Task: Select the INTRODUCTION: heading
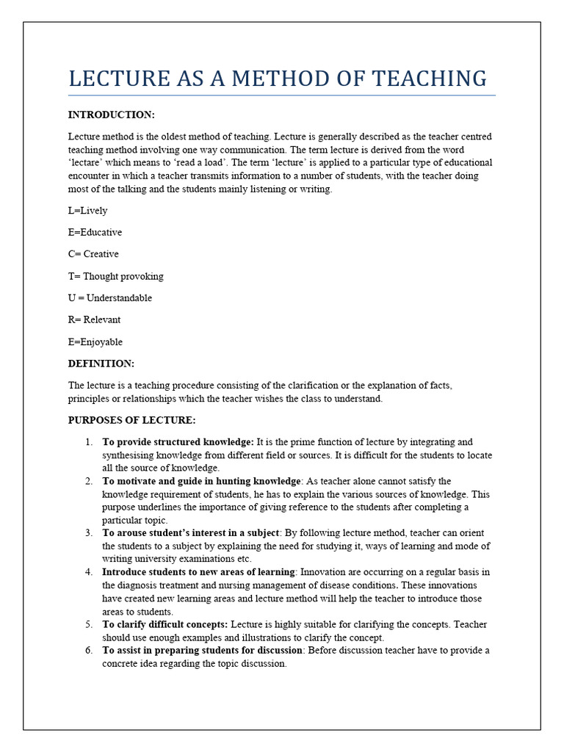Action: pyautogui.click(x=111, y=115)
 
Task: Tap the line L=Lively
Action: pyautogui.click(x=87, y=211)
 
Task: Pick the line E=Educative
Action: pyautogui.click(x=95, y=232)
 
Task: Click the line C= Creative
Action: pyautogui.click(x=93, y=254)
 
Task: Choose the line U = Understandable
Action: pyautogui.click(x=110, y=298)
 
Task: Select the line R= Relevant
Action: pyautogui.click(x=94, y=320)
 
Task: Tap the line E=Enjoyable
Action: pyautogui.click(x=95, y=341)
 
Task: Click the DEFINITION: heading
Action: pyautogui.click(x=101, y=364)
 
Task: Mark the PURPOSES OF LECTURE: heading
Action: pyautogui.click(x=132, y=420)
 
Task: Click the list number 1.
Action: pyautogui.click(x=88, y=442)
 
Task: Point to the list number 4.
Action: pyautogui.click(x=88, y=572)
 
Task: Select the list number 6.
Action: pyautogui.click(x=88, y=651)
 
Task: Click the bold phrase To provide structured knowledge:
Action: pyautogui.click(x=178, y=442)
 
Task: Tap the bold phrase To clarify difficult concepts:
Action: pyautogui.click(x=164, y=624)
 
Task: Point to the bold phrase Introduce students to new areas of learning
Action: pyautogui.click(x=198, y=572)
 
